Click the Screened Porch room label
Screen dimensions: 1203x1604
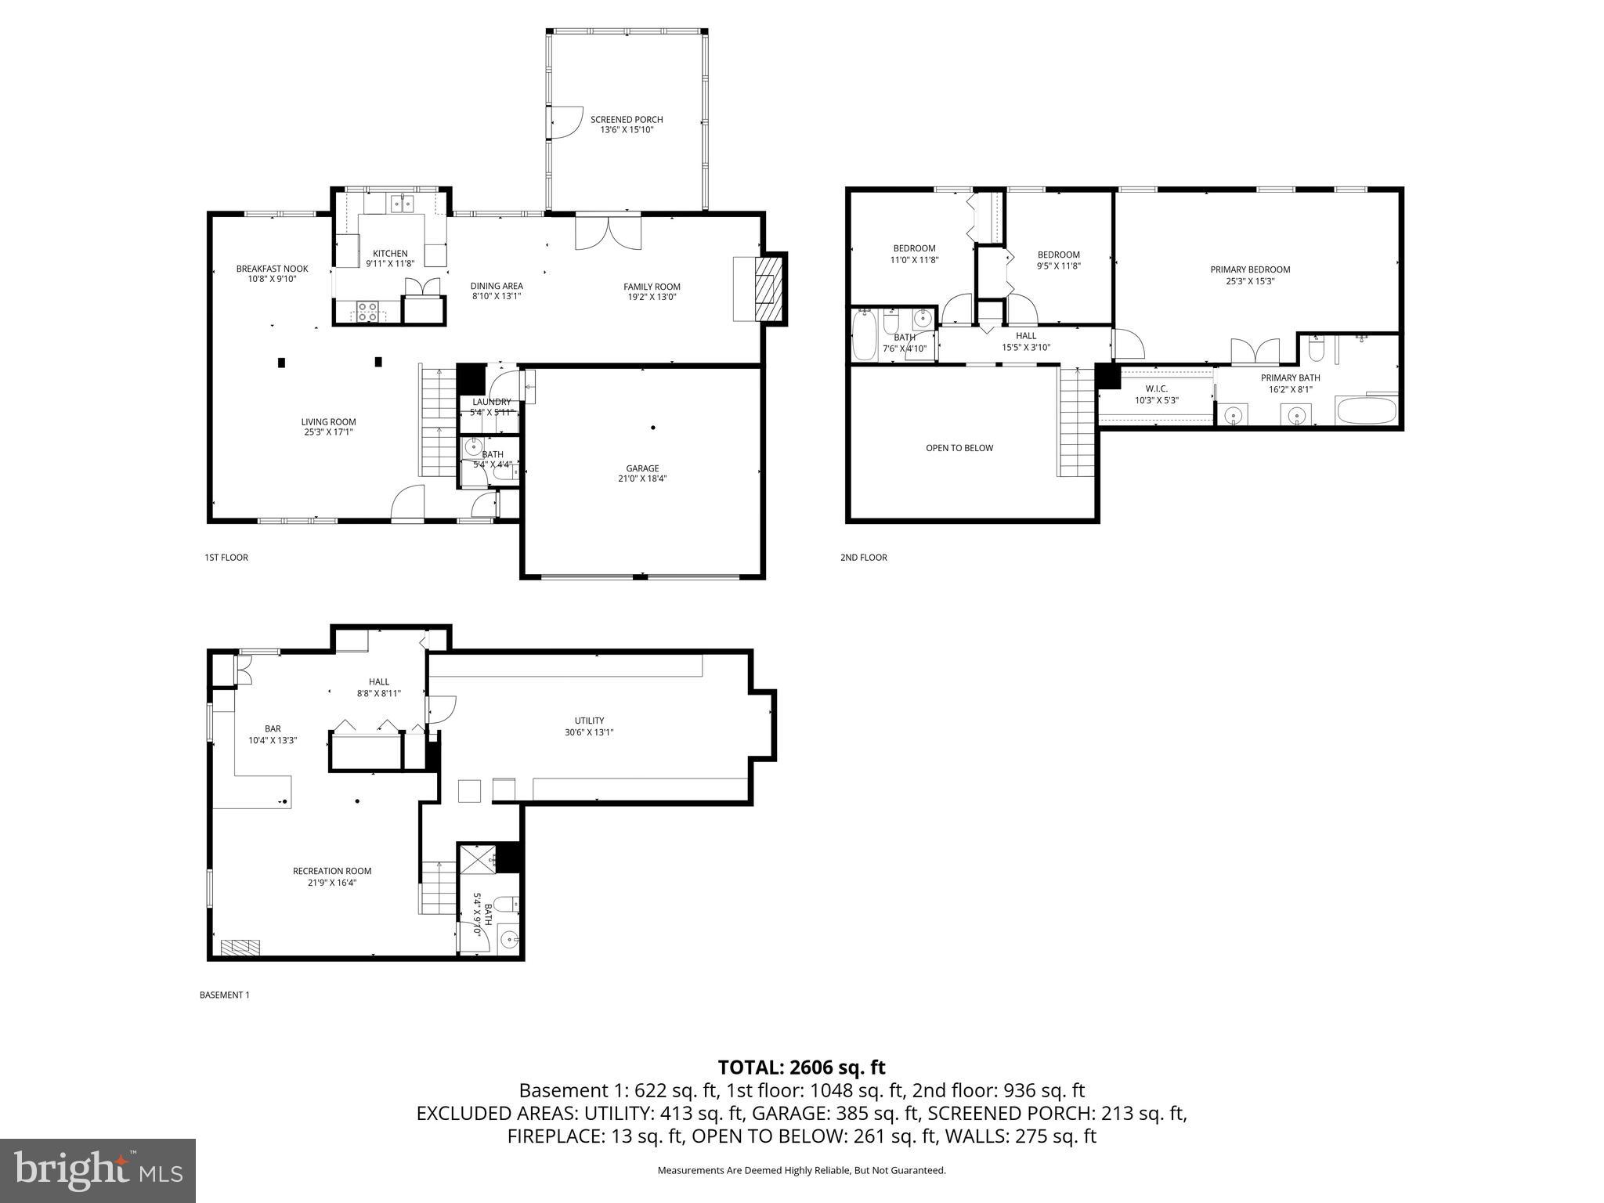(627, 120)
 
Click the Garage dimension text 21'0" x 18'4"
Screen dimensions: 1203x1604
(642, 479)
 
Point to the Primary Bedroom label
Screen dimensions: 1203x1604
(1250, 269)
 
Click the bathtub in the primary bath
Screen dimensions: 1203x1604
(1366, 410)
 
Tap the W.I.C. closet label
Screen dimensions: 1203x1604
(1156, 388)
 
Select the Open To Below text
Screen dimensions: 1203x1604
(959, 448)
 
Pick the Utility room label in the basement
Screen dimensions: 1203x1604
(589, 721)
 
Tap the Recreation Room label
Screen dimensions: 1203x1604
(332, 871)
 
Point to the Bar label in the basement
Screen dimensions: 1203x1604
(273, 728)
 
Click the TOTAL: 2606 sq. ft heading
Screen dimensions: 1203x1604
(801, 1067)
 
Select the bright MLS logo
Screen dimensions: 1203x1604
(98, 1170)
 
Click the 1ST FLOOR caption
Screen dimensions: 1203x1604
(226, 558)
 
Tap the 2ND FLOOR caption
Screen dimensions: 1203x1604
(863, 558)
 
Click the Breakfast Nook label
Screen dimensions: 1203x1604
(272, 269)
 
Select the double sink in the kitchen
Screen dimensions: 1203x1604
(403, 204)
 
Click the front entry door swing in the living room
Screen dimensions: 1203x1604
(408, 501)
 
